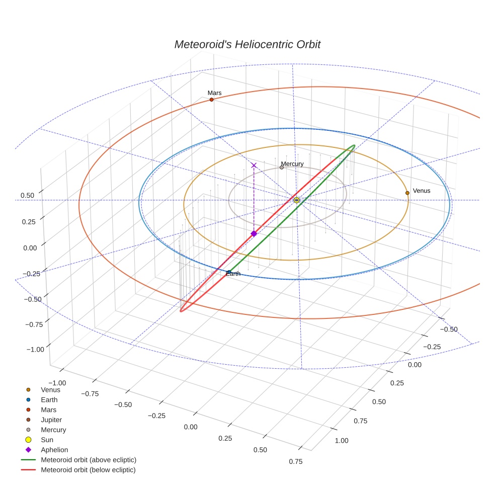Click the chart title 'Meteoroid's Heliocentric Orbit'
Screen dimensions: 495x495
pyautogui.click(x=247, y=44)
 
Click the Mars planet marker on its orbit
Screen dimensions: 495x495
pyautogui.click(x=211, y=100)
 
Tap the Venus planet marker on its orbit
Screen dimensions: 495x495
pyautogui.click(x=407, y=193)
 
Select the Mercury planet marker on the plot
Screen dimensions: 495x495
pyautogui.click(x=282, y=167)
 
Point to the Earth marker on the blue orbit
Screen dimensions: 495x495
pyautogui.click(x=229, y=272)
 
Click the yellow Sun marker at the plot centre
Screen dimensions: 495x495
pyautogui.click(x=297, y=200)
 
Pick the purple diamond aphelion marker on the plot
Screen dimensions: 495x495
pyautogui.click(x=254, y=233)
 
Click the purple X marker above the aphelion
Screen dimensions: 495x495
pyautogui.click(x=254, y=165)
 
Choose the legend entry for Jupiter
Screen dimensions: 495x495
pyautogui.click(x=51, y=420)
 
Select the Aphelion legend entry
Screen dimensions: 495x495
pyautogui.click(x=54, y=450)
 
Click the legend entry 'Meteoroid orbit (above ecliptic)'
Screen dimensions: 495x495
pyautogui.click(x=89, y=460)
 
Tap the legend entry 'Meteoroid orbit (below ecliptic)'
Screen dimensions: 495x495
pyautogui.click(x=89, y=470)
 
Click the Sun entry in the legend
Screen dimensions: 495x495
pyautogui.click(x=47, y=440)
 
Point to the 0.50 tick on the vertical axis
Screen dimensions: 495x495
pyautogui.click(x=28, y=195)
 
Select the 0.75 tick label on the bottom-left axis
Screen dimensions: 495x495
pyautogui.click(x=295, y=462)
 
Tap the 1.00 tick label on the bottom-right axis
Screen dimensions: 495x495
pyautogui.click(x=341, y=441)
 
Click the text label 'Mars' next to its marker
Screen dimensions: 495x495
pyautogui.click(x=214, y=93)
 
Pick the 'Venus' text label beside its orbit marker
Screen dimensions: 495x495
pyautogui.click(x=422, y=191)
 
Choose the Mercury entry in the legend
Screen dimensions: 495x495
pyautogui.click(x=53, y=430)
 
